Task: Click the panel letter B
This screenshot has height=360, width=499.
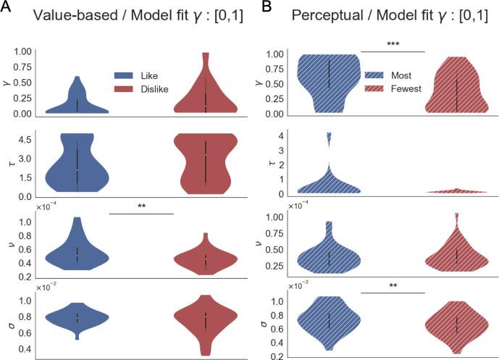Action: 265,8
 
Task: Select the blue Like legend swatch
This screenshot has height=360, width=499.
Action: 127,75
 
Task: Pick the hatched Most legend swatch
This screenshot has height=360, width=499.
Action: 377,75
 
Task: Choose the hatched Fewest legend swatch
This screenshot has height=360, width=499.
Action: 377,88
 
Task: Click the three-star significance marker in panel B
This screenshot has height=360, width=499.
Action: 392,44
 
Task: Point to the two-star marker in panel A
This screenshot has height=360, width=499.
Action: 141,206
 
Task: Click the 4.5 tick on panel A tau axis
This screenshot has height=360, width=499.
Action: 24,139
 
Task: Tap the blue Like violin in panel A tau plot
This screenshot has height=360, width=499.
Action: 77,166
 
